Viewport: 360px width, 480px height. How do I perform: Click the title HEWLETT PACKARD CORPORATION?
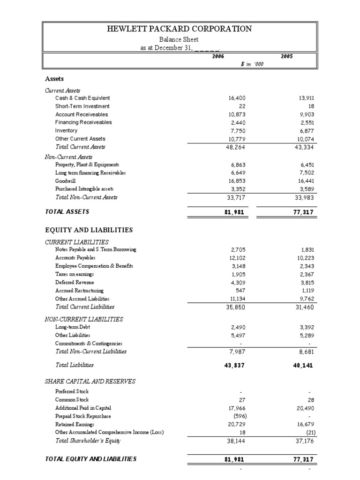[180, 29]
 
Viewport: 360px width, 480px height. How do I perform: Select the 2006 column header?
[218, 56]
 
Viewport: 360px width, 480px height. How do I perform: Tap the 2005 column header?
[286, 56]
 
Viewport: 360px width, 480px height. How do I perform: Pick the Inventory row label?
[66, 131]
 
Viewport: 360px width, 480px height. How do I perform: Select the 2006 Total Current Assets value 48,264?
[235, 147]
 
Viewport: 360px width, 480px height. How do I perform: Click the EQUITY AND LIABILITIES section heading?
[89, 230]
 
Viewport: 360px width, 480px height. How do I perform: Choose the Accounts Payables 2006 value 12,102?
[235, 258]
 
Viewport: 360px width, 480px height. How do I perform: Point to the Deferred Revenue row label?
[75, 283]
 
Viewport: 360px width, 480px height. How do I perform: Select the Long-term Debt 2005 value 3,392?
[305, 327]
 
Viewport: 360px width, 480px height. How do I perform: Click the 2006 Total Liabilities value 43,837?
[235, 365]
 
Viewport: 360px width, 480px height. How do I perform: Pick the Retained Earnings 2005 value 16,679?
[303, 424]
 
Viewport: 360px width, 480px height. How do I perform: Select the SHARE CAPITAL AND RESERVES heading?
[90, 382]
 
